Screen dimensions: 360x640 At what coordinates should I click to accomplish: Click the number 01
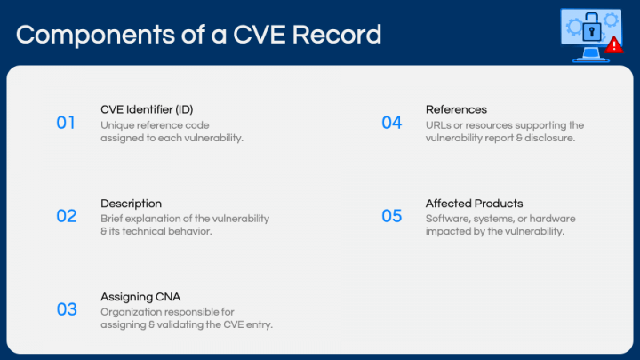66,123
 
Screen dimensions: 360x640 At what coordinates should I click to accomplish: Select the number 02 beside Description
67,216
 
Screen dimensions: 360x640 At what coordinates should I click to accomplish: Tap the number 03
67,309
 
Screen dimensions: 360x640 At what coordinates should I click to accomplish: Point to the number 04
392,123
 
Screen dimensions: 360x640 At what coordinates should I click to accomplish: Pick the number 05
392,216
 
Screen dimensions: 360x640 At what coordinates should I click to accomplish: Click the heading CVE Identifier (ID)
147,109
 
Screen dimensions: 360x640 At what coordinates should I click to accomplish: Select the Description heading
131,204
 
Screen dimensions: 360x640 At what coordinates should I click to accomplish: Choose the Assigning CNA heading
140,297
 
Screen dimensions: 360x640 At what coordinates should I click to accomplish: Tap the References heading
456,109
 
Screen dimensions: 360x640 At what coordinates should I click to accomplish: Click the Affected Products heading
474,204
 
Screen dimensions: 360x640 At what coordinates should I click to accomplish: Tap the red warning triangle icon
613,44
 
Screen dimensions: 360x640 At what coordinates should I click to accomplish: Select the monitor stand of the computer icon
587,56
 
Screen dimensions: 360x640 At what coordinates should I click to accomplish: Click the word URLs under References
438,125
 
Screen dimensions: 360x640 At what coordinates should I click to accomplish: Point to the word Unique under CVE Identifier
116,125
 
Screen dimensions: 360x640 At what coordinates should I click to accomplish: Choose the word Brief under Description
112,219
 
